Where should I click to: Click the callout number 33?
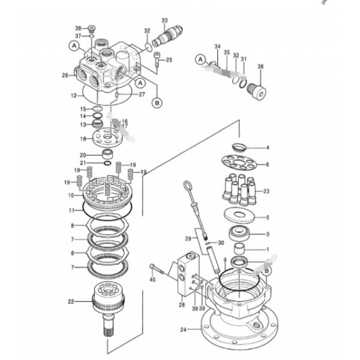(165, 21)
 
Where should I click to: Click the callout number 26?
(65, 75)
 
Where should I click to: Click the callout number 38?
(78, 28)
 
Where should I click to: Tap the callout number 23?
(267, 191)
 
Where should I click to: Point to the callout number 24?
(184, 329)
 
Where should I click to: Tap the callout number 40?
(152, 280)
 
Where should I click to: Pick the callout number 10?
(71, 196)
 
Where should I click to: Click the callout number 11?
(71, 211)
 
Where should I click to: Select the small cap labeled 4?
(238, 146)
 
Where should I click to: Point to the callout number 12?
(73, 95)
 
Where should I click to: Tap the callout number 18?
(83, 139)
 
